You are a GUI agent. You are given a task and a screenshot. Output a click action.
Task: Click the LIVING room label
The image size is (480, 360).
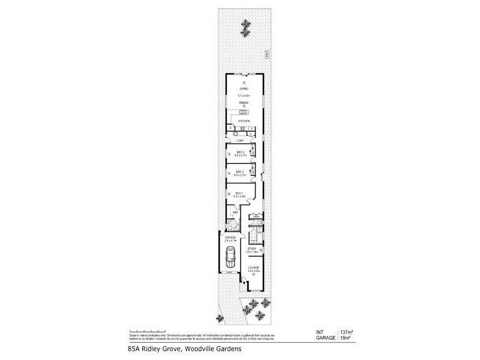click(x=243, y=89)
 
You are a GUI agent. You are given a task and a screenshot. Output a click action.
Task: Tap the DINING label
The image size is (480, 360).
click(x=243, y=103)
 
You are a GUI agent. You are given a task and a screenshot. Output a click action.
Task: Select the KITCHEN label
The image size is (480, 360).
click(x=244, y=122)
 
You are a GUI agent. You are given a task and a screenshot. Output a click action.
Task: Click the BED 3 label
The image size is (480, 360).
click(x=240, y=152)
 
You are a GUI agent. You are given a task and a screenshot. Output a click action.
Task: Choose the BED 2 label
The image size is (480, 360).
click(x=240, y=172)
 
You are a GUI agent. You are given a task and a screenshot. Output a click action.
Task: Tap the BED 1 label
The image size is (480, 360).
click(x=239, y=193)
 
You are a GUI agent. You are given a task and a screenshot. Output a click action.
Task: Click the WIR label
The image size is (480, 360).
click(x=235, y=212)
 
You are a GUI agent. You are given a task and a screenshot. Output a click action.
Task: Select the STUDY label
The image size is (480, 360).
click(x=252, y=248)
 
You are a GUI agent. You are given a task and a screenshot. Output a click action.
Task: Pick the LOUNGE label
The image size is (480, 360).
click(x=253, y=268)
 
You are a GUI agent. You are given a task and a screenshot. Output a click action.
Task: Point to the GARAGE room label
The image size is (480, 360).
click(x=230, y=238)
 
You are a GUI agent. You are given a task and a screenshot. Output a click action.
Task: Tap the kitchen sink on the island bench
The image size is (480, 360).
click(x=245, y=112)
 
